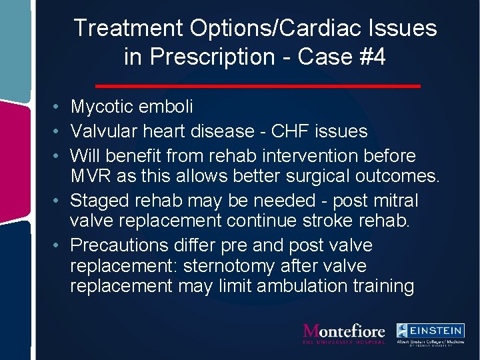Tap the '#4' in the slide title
pos(373,57)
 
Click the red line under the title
pos(257,86)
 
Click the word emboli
pos(171,107)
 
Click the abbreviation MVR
pos(89,176)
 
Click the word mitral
pos(395,200)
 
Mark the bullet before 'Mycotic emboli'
pos(59,107)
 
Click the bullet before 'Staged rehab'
pos(59,201)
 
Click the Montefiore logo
pos(344,333)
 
